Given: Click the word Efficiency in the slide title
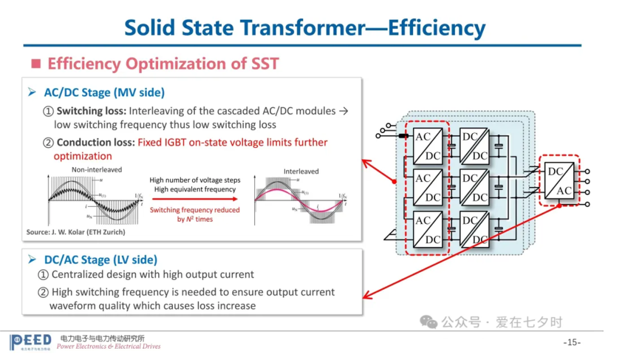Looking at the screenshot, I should coord(436,27).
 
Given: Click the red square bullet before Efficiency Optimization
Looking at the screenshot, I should coord(36,64).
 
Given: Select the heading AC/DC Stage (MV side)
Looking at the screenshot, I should coord(104,92).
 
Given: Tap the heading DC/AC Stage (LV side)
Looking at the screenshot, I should coord(100,260).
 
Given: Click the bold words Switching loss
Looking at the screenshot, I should coord(91,111).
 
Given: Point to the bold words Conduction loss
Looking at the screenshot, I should coord(96,143).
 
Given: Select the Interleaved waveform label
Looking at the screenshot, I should coord(301,171).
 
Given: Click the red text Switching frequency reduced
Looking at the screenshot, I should coord(194,210).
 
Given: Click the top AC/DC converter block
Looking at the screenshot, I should coord(427,146).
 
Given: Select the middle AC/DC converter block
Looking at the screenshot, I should coord(427,187).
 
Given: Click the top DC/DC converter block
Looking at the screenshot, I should coord(474,146).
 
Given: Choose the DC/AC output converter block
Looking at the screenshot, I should coord(559,181).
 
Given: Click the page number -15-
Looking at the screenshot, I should coord(571,343).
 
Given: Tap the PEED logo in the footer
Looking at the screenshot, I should coord(30,342).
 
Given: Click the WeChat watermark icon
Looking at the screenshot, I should coord(428,322).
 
